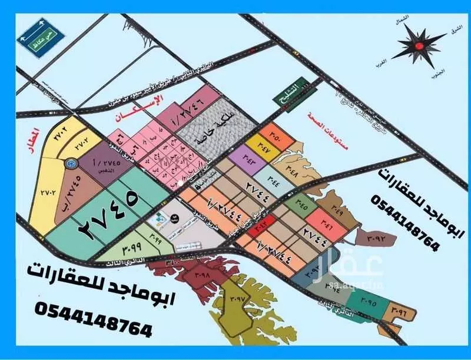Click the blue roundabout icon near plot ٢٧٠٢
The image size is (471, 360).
coord(70,162)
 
